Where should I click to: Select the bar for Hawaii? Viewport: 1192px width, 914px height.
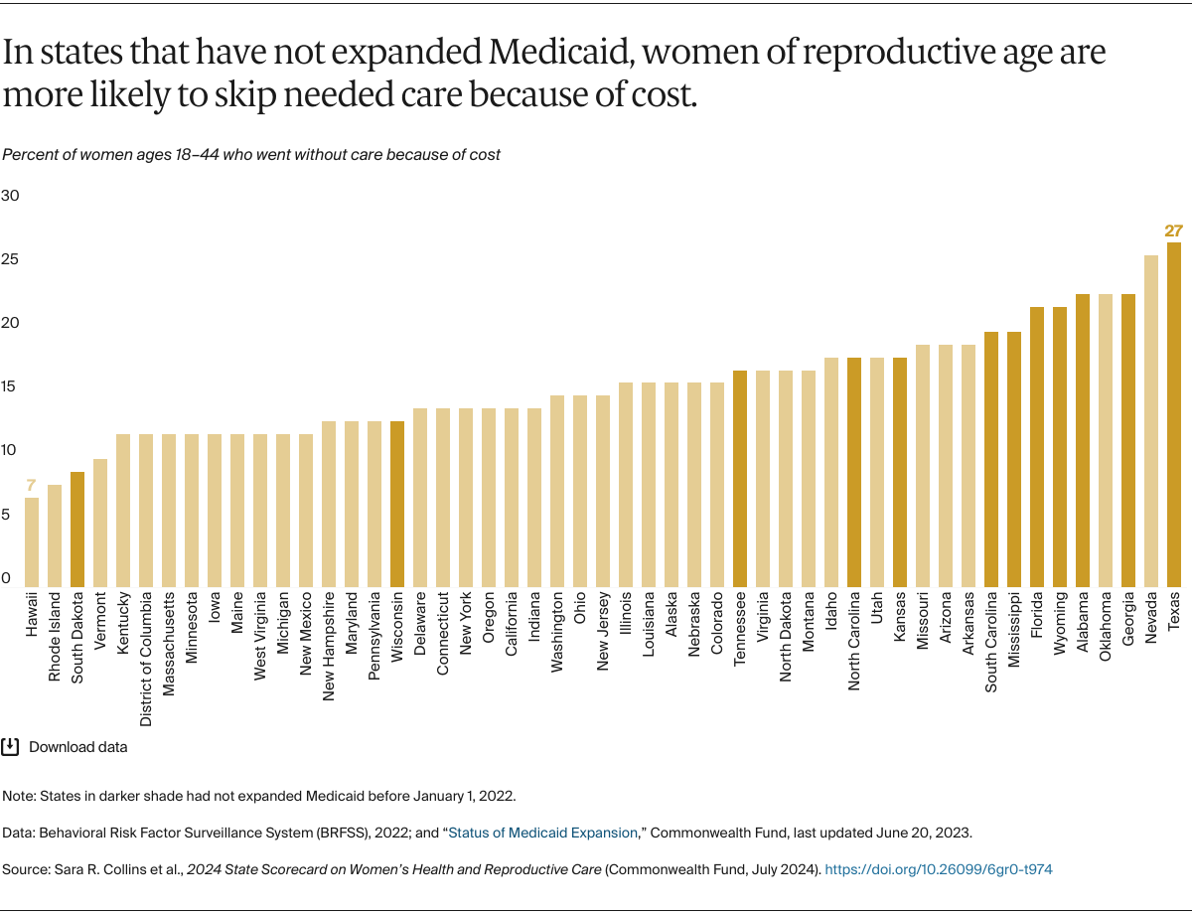(32, 541)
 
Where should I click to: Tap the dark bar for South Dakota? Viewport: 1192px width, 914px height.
(77, 529)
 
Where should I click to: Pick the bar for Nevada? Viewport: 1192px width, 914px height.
(1151, 420)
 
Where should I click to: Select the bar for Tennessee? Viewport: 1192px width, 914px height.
(740, 478)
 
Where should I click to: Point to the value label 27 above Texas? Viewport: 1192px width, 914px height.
(1174, 231)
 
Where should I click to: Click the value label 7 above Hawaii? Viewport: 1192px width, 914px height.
(32, 486)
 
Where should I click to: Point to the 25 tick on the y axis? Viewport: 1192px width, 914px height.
(10, 259)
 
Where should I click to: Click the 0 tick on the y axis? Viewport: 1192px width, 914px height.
(6, 578)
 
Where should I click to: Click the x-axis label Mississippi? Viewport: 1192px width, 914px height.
(1014, 636)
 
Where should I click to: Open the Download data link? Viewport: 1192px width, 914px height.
(77, 746)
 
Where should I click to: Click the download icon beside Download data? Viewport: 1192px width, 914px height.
(11, 746)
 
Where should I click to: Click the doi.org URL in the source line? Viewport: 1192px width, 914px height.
(938, 869)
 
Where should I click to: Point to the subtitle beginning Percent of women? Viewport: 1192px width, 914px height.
(251, 154)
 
